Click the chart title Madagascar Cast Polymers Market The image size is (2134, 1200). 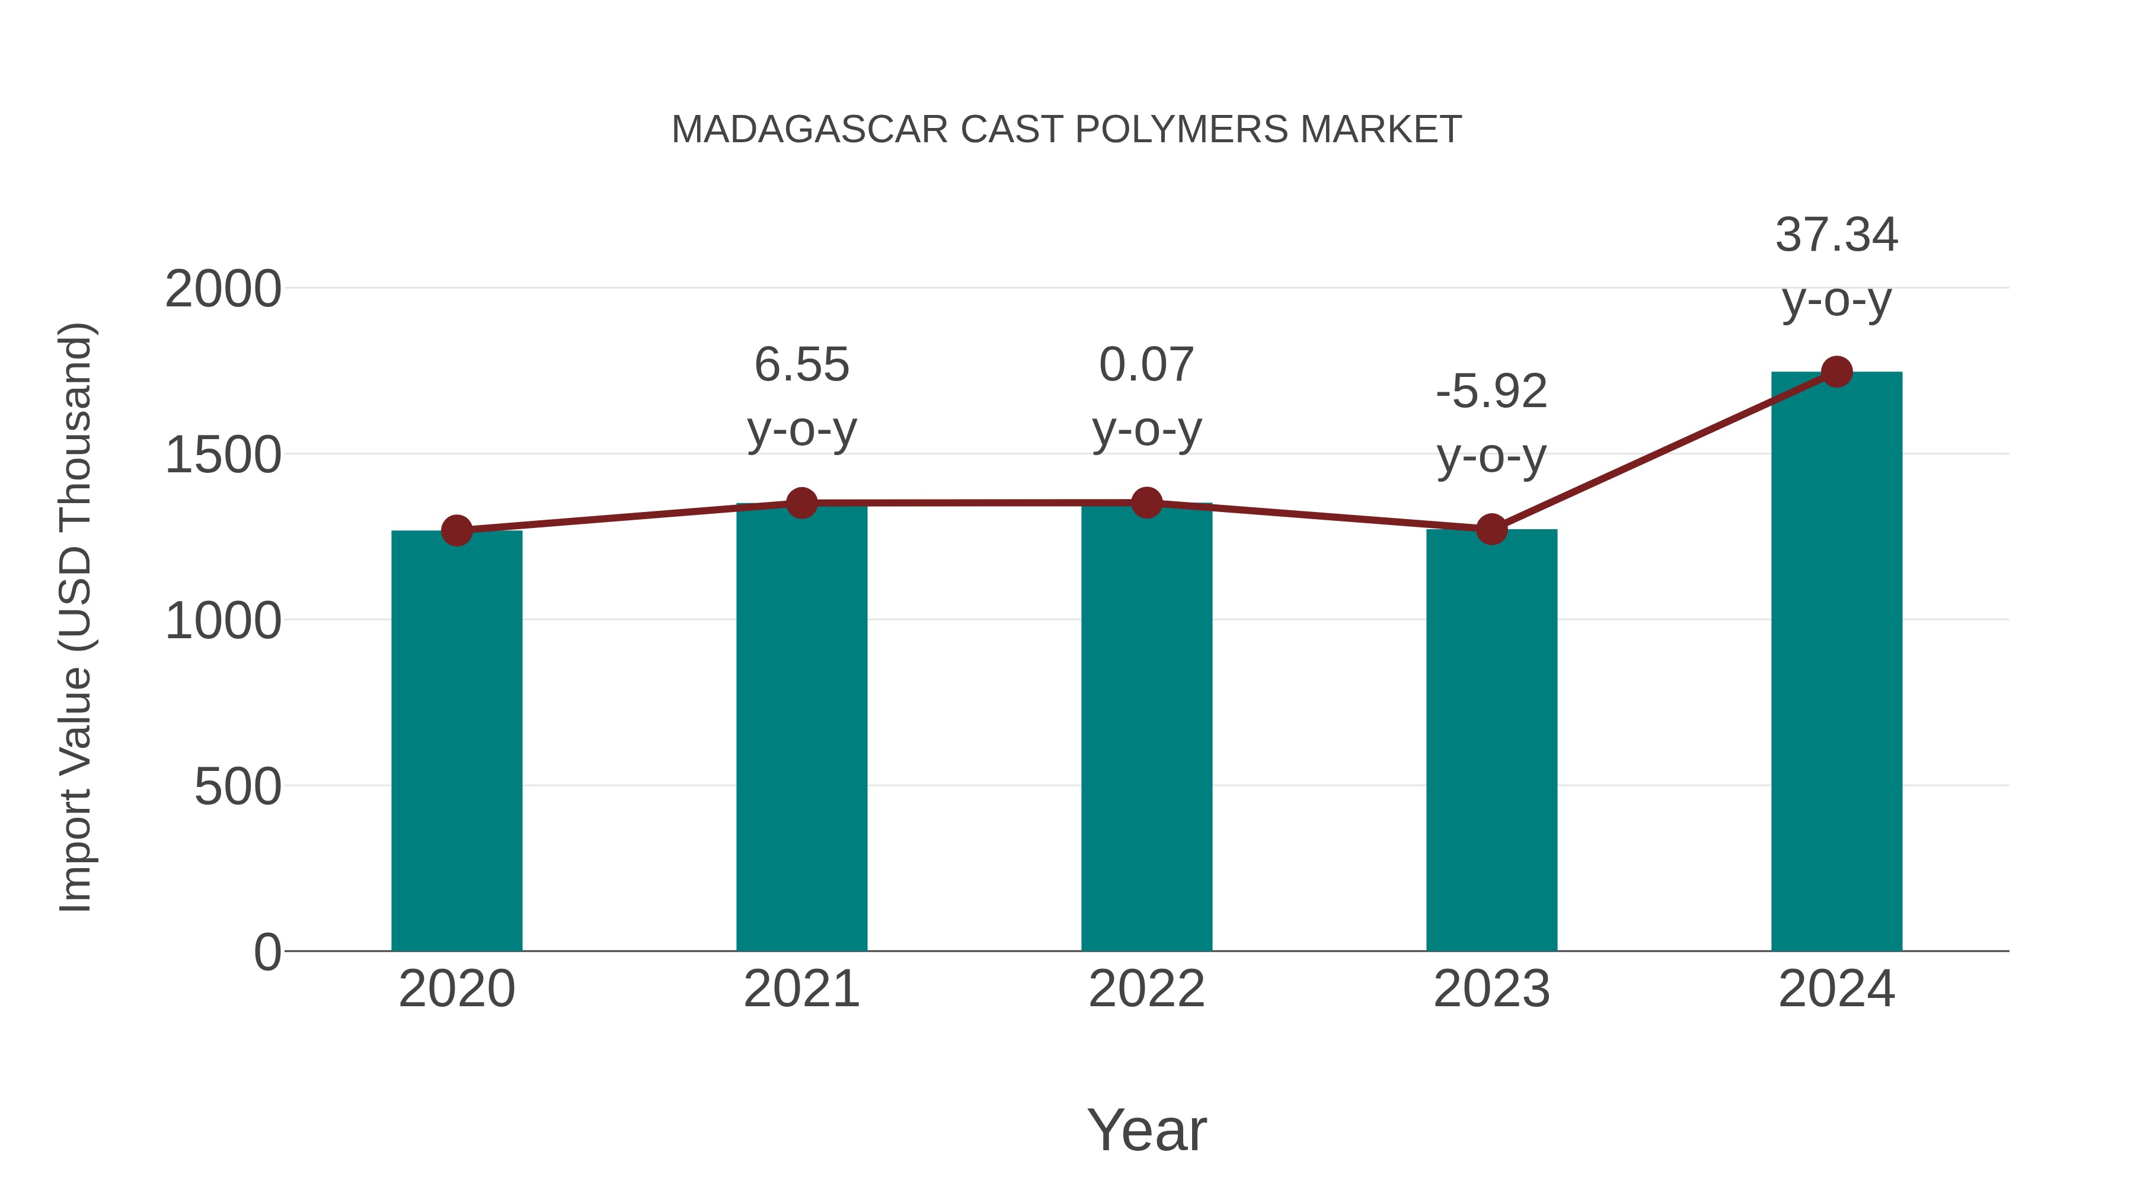(x=1066, y=130)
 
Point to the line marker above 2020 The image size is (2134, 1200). (x=456, y=530)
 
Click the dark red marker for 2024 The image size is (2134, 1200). (x=1836, y=372)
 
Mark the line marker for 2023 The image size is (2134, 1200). (x=1491, y=529)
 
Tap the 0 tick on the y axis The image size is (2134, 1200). (x=267, y=952)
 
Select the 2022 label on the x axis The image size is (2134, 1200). (x=1146, y=989)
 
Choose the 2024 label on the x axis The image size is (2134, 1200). (x=1836, y=989)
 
